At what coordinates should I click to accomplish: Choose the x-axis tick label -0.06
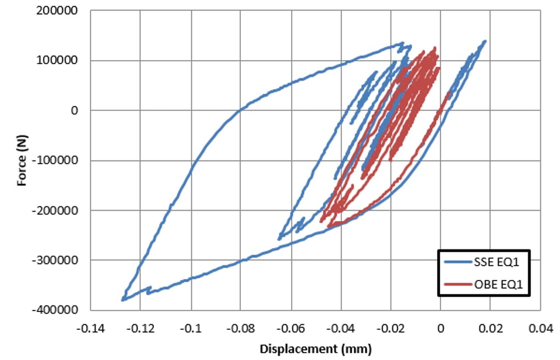290,330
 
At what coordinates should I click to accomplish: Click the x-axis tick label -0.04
340,330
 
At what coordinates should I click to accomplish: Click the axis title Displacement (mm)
316,349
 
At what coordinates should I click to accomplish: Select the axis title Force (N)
22,160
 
